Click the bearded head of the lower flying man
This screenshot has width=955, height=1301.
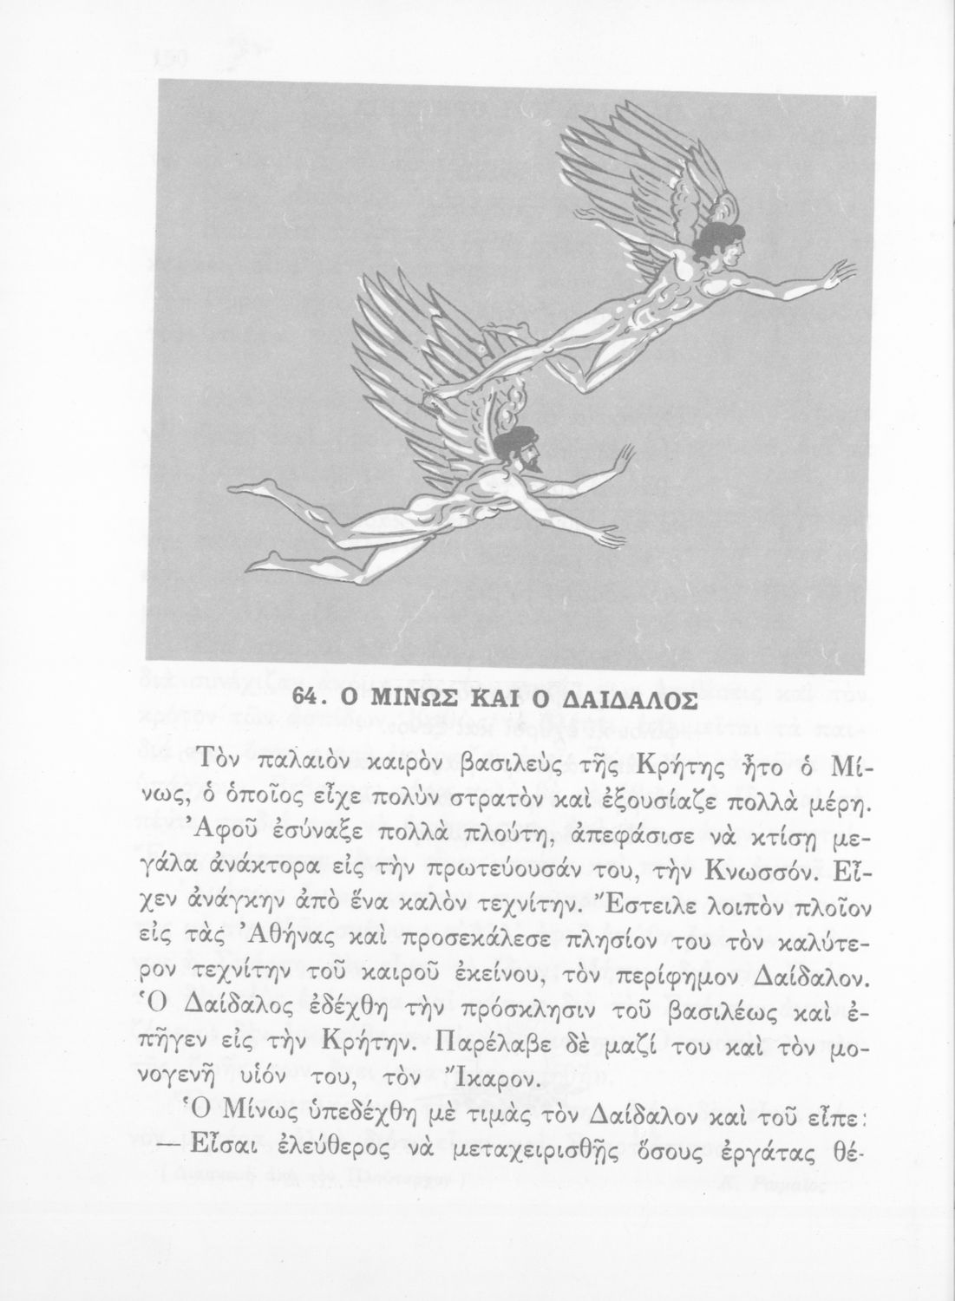[x=518, y=447]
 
